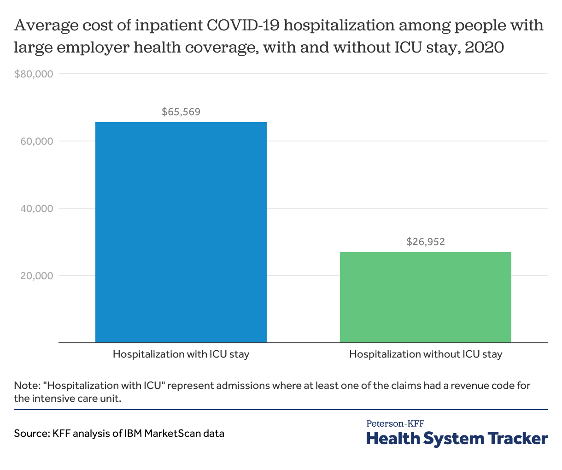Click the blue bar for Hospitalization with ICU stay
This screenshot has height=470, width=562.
[x=181, y=232]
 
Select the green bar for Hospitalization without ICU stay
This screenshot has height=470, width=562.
[x=425, y=297]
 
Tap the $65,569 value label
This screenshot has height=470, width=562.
[x=181, y=112]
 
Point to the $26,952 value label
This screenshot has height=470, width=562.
[x=426, y=241]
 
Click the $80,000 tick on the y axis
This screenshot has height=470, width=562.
[x=34, y=74]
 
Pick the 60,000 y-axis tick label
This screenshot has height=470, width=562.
[x=37, y=141]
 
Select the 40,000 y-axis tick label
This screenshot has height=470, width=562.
[x=37, y=209]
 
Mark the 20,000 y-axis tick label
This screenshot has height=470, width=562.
[x=37, y=276]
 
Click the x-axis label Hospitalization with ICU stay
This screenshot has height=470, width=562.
[x=181, y=354]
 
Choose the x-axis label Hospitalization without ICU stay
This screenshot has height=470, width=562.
[x=426, y=354]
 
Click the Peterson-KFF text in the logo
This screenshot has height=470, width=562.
[x=395, y=423]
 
